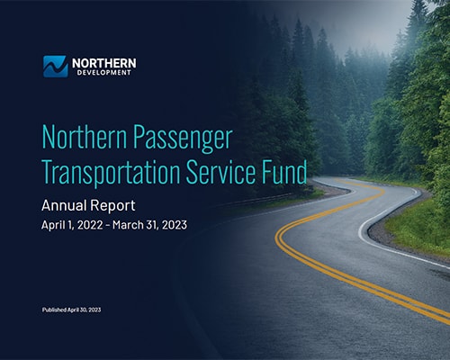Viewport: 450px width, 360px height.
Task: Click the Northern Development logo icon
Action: (x=55, y=66)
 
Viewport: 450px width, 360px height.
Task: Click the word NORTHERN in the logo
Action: (x=103, y=62)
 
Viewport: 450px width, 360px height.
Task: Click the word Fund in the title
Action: (x=280, y=172)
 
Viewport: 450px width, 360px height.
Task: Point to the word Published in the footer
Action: (x=57, y=310)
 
